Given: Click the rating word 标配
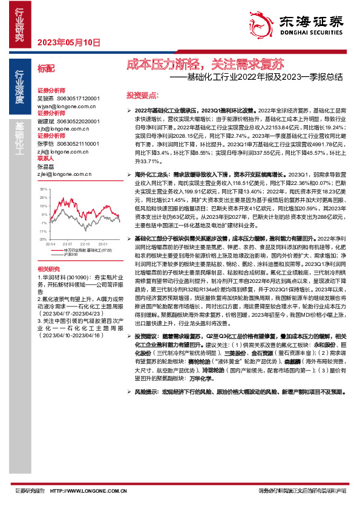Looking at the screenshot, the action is [45, 69].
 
